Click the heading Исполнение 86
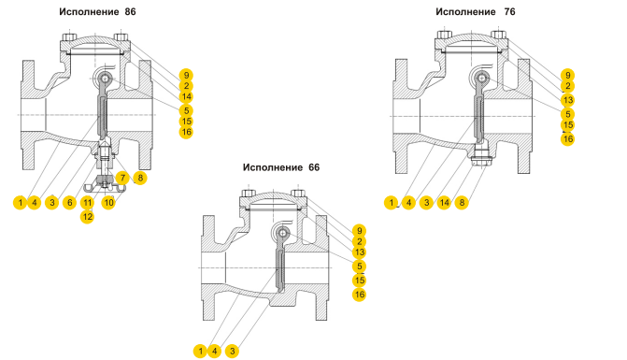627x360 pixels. pos(97,11)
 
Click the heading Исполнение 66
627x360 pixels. pos(281,167)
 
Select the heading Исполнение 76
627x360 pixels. pos(476,11)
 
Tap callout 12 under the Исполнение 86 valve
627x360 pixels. pos(87,217)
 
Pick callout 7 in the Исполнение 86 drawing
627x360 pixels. pos(122,178)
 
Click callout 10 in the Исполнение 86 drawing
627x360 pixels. pos(108,202)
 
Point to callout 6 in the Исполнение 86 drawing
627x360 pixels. pos(69,202)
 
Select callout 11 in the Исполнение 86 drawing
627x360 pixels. pos(87,202)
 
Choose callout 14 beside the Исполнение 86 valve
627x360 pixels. pos(186,96)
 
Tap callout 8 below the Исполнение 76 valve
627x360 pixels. pos(462,202)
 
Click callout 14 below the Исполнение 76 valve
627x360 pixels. pos(444,202)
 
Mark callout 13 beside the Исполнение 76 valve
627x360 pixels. pos(568,100)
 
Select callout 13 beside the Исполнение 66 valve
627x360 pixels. pos(360,252)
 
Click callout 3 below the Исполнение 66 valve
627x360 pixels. pos(232,352)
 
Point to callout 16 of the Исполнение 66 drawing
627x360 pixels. pos(360,295)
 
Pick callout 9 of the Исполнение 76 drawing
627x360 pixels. pos(568,75)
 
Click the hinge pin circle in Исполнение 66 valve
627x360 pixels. pos(283,233)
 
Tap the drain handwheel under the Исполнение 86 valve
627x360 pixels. pos(105,186)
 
